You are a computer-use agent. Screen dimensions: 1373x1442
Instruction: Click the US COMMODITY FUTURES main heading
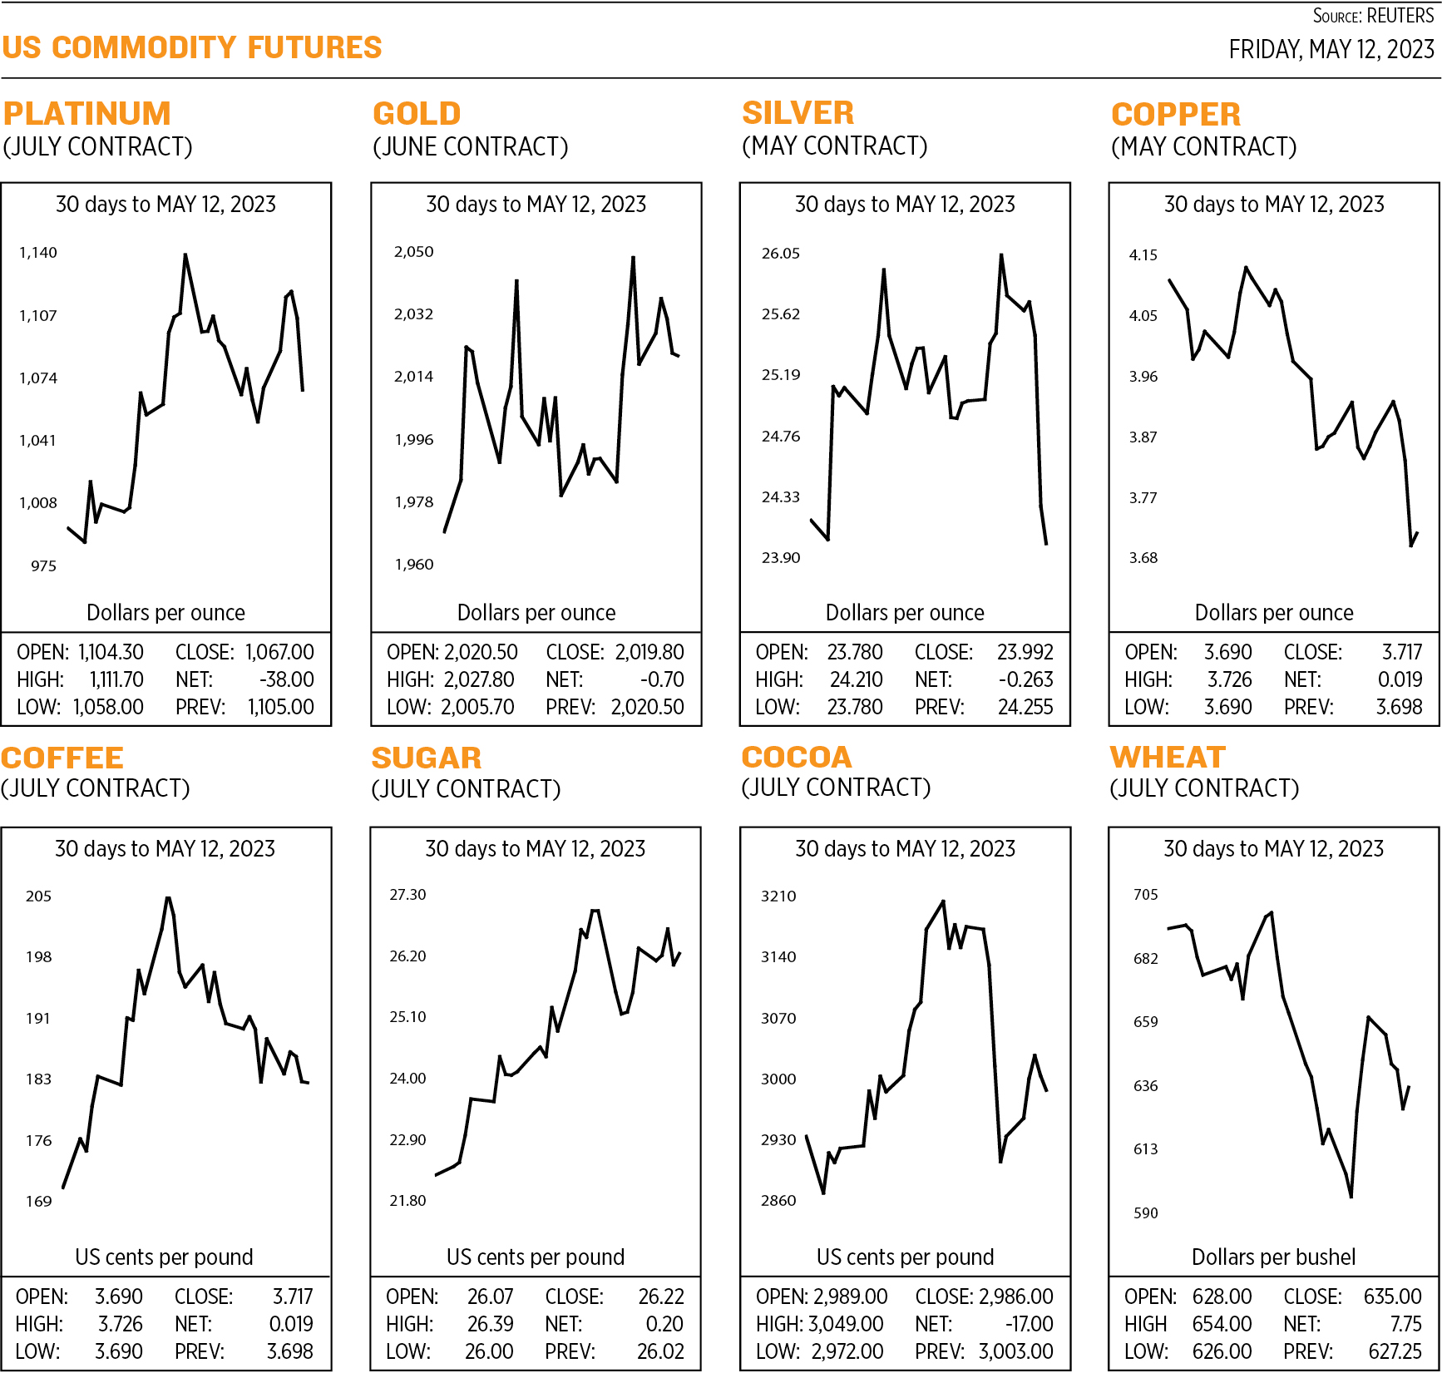[191, 47]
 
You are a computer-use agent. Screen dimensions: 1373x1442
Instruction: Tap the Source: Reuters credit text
[1373, 16]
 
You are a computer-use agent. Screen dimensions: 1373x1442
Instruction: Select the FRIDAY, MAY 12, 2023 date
[1331, 50]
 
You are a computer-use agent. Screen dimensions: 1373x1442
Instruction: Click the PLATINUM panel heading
[87, 113]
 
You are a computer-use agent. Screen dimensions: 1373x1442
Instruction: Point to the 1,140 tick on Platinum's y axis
[38, 253]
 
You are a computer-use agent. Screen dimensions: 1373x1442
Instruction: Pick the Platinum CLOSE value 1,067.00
[279, 653]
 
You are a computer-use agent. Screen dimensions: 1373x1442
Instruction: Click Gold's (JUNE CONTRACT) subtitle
[470, 147]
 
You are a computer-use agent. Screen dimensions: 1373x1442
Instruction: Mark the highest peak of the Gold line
[634, 257]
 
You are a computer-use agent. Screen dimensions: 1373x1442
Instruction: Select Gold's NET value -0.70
[662, 680]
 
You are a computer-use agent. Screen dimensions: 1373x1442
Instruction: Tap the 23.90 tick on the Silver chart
[781, 558]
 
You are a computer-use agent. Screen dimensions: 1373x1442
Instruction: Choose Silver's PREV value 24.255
[1025, 708]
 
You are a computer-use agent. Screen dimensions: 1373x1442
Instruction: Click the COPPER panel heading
[1175, 114]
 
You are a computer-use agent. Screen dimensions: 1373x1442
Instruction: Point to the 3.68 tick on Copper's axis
[1143, 558]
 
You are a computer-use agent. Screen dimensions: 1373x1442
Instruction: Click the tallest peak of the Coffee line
[168, 897]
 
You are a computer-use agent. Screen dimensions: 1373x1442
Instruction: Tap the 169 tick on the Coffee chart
[38, 1202]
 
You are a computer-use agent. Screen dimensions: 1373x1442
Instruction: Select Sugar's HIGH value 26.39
[491, 1324]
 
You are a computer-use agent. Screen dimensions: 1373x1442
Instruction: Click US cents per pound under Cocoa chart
[905, 1257]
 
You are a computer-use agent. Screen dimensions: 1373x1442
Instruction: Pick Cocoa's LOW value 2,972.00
[847, 1351]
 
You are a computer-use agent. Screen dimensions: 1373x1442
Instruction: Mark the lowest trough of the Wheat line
[1351, 1197]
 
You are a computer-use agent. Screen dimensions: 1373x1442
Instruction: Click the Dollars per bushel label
[1273, 1257]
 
